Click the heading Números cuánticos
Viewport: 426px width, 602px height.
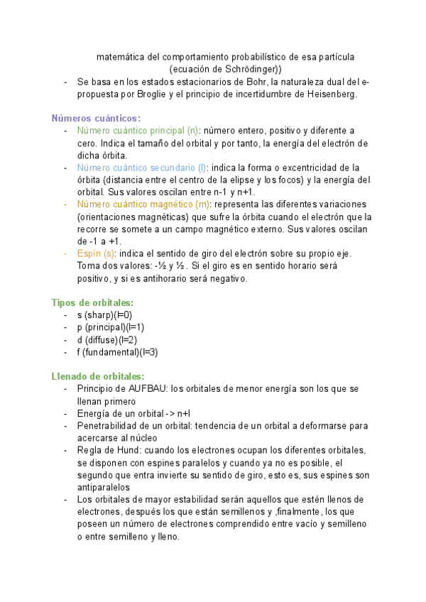tap(96, 118)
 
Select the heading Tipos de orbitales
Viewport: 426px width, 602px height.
tap(92, 302)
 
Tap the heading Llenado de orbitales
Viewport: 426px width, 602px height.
tap(97, 376)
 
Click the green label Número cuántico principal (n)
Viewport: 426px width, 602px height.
tap(137, 131)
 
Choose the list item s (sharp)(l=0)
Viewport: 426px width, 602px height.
tap(105, 315)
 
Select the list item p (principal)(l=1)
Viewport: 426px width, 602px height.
tap(110, 327)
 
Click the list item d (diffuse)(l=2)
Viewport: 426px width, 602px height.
tap(107, 339)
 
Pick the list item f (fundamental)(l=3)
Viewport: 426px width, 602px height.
tap(117, 351)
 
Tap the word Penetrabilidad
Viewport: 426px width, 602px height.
tap(110, 426)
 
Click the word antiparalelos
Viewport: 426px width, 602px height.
tap(103, 487)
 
